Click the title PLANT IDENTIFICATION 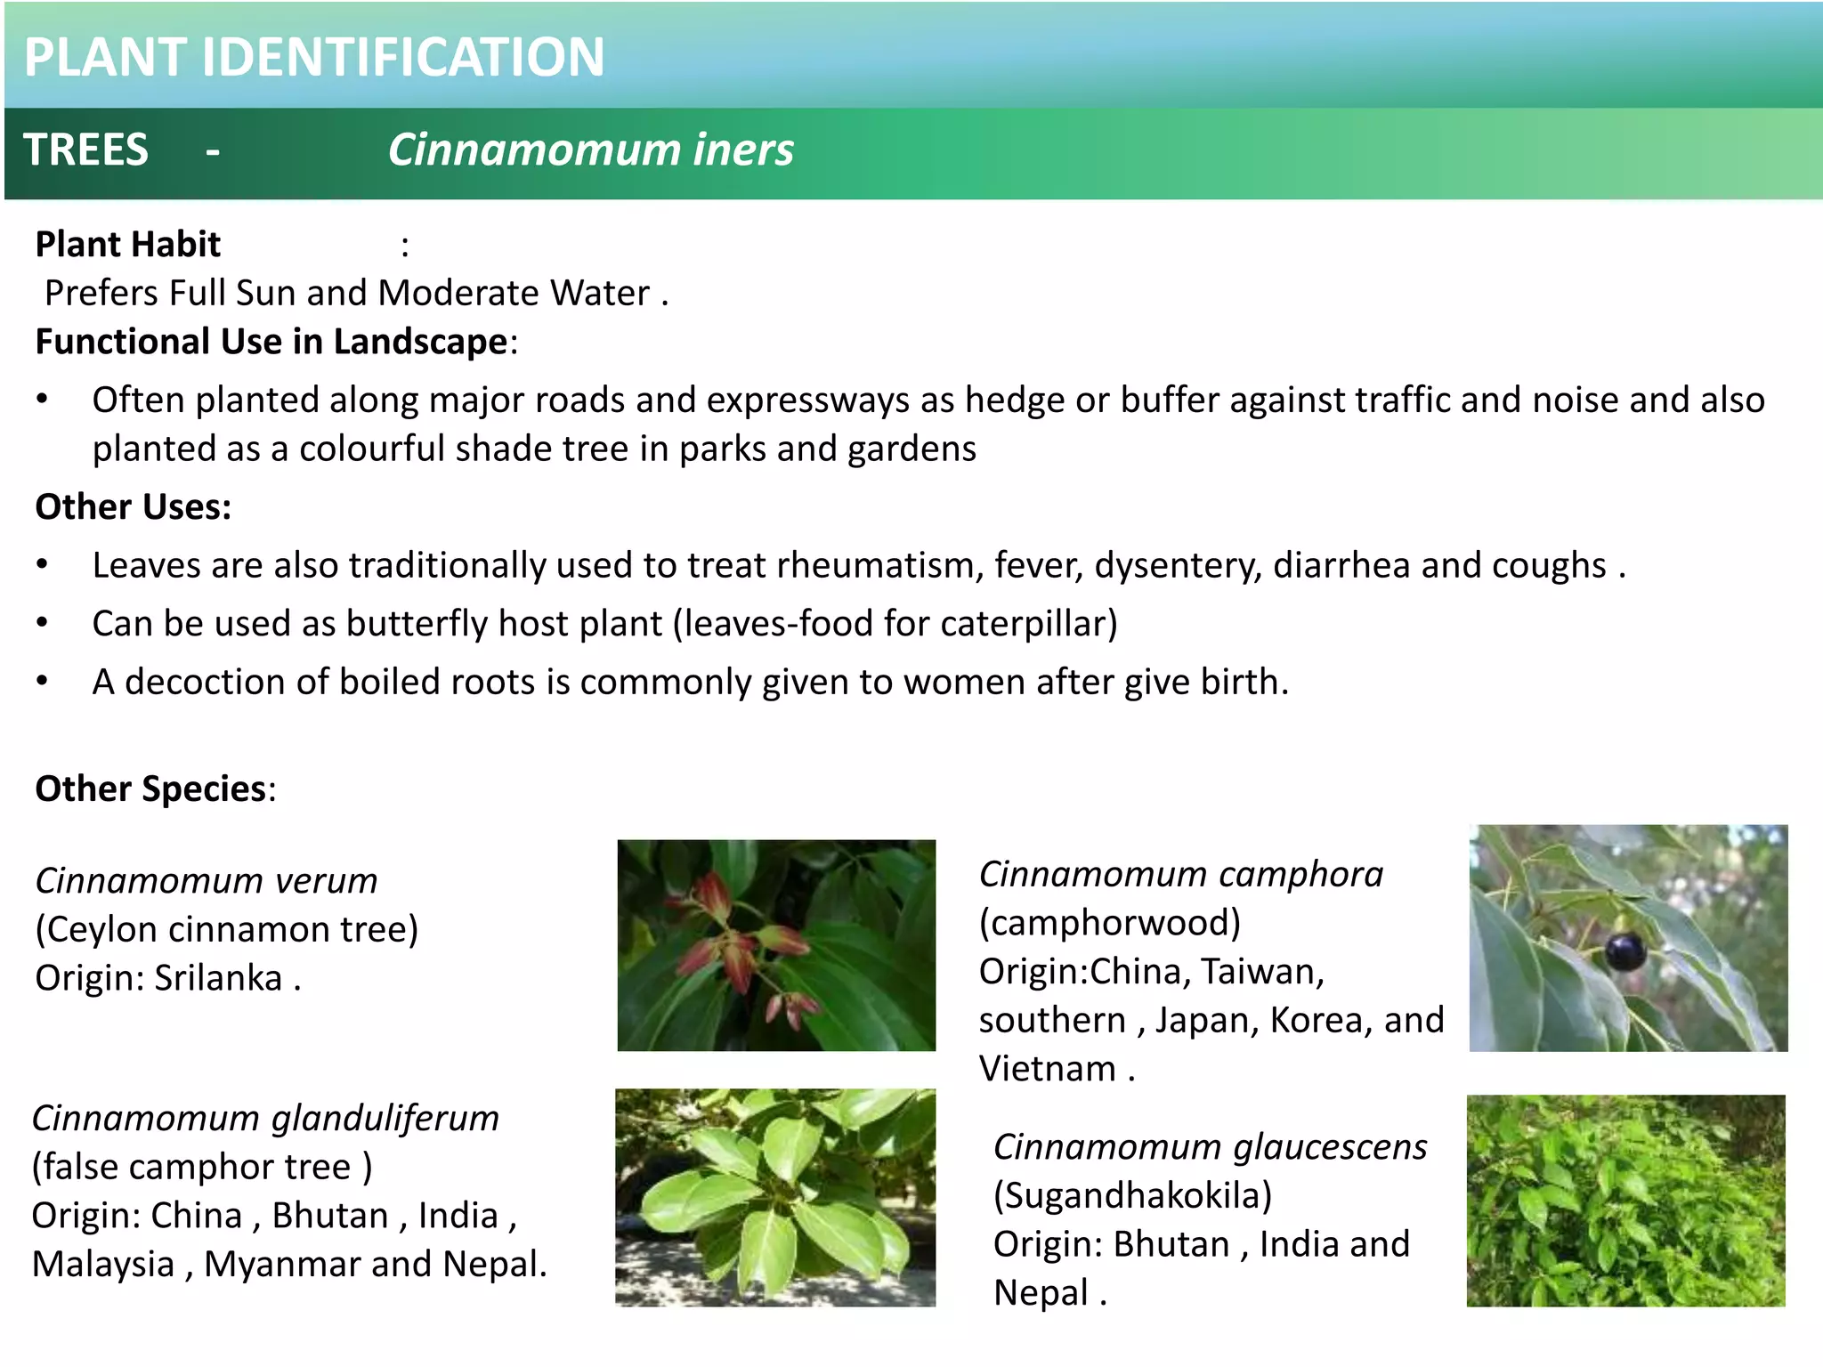(313, 57)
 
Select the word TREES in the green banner (85, 150)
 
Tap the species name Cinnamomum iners (590, 150)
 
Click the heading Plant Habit (127, 244)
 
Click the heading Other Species (150, 789)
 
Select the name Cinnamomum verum (207, 881)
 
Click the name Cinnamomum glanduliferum (265, 1119)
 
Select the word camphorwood (1110, 923)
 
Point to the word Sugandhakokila (1132, 1195)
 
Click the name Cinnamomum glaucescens (1210, 1147)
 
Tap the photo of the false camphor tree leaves (774, 1197)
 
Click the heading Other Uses (133, 507)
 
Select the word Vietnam (1047, 1069)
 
